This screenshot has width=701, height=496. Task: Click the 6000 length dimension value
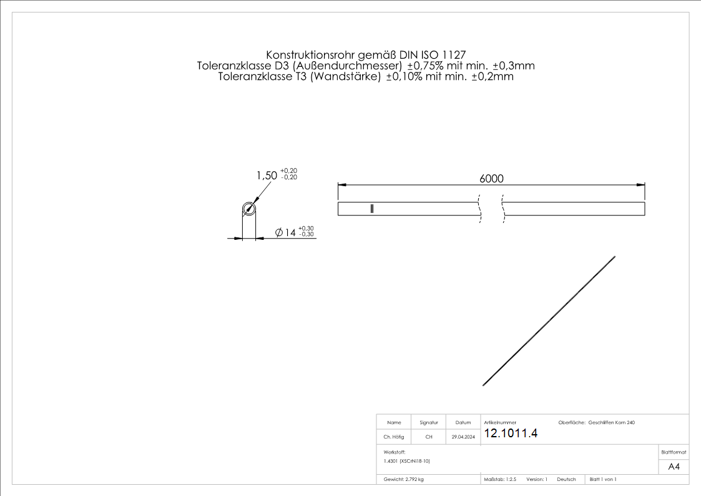click(491, 179)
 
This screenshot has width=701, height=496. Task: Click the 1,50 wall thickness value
click(267, 176)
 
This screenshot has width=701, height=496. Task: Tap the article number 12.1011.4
click(511, 434)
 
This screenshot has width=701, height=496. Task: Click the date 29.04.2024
click(463, 437)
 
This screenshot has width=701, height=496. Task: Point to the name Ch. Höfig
click(394, 437)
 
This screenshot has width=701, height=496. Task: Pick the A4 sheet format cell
click(674, 467)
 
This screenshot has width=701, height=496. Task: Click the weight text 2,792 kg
click(404, 479)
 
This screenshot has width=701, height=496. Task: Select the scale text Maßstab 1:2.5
click(500, 479)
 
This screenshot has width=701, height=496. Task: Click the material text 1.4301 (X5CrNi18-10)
click(407, 461)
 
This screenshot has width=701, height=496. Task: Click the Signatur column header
click(429, 423)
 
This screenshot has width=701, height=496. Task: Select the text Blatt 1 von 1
click(603, 479)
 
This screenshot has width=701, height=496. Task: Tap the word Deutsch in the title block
click(566, 479)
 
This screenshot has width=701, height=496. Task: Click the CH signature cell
click(429, 437)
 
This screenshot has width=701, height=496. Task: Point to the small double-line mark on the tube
click(372, 209)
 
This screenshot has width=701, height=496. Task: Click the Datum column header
click(463, 423)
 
